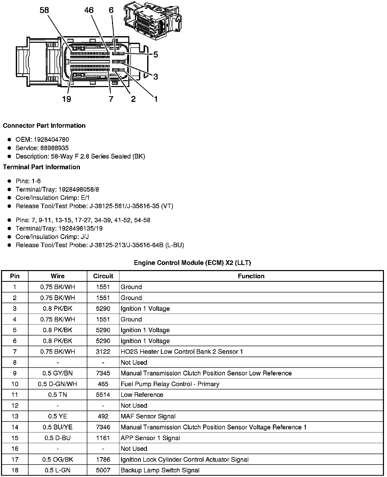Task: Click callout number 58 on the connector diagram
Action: point(44,10)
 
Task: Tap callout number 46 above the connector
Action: point(89,10)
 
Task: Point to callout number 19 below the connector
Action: point(66,99)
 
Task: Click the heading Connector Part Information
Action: point(44,126)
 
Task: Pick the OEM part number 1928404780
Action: point(51,139)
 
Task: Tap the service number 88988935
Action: point(54,148)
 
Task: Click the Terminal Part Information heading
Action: point(42,167)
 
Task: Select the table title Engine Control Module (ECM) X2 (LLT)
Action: point(192,263)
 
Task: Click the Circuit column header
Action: point(103,276)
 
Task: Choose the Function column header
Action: point(251,276)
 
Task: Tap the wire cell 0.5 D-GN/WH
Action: point(58,384)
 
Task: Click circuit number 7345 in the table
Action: point(103,373)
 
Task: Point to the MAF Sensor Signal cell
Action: point(148,416)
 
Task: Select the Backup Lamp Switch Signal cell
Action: point(160,470)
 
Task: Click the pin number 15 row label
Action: point(15,438)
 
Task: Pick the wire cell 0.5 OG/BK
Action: point(58,460)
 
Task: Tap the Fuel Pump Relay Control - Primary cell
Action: point(170,384)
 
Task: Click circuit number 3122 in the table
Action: point(103,352)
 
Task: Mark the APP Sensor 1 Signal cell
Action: point(150,438)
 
